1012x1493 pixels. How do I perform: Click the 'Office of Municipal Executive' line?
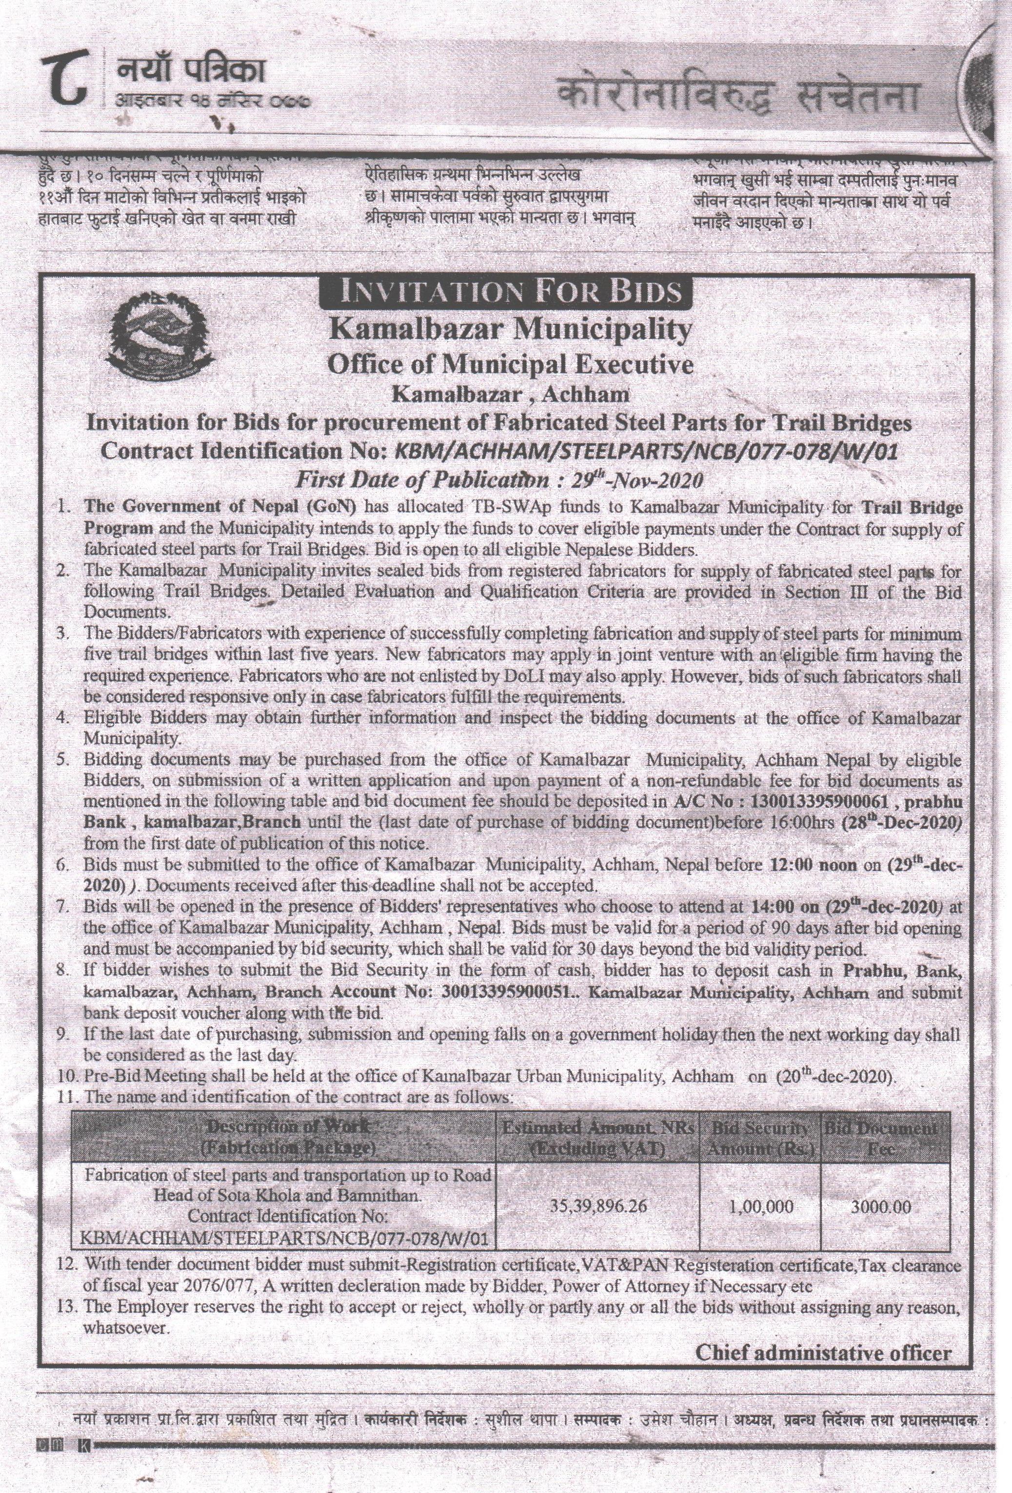tap(510, 364)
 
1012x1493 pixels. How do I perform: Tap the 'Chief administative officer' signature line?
tap(823, 1334)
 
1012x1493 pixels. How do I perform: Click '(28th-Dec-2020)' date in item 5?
tap(901, 823)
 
